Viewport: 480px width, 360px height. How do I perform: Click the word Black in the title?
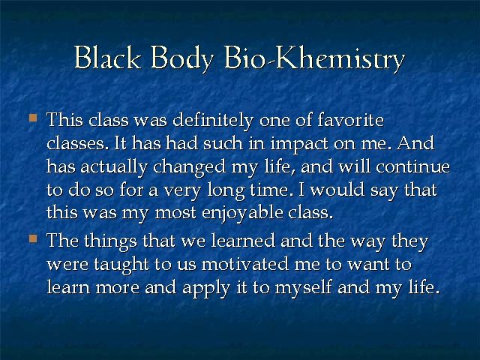pyautogui.click(x=108, y=57)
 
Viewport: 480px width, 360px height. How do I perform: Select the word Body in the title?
pyautogui.click(x=182, y=58)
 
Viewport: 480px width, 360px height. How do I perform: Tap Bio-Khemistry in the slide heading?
pyautogui.click(x=315, y=58)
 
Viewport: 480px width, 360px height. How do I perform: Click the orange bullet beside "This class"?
pyautogui.click(x=33, y=118)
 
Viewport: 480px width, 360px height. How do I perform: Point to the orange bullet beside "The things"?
pyautogui.click(x=33, y=238)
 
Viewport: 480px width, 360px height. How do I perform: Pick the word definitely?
pyautogui.click(x=213, y=120)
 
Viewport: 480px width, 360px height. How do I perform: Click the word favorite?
pyautogui.click(x=350, y=119)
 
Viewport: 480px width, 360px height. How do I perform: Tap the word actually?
pyautogui.click(x=114, y=168)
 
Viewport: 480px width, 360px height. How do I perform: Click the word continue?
pyautogui.click(x=413, y=167)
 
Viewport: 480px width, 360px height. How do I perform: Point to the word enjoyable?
pyautogui.click(x=242, y=213)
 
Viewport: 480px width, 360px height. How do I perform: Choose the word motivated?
pyautogui.click(x=245, y=264)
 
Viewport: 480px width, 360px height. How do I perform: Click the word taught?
pyautogui.click(x=121, y=265)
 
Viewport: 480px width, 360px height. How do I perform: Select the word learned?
pyautogui.click(x=243, y=241)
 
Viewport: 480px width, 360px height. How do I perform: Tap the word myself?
pyautogui.click(x=303, y=289)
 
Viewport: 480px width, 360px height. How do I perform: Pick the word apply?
pyautogui.click(x=206, y=289)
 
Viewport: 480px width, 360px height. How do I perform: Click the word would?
pyautogui.click(x=337, y=190)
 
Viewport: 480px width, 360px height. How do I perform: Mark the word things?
pyautogui.click(x=110, y=241)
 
